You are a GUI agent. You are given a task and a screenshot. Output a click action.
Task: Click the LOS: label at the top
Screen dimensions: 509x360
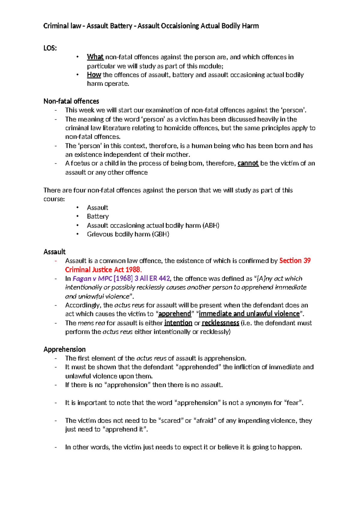point(50,48)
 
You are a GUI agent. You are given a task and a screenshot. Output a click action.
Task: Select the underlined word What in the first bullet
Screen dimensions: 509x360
point(95,57)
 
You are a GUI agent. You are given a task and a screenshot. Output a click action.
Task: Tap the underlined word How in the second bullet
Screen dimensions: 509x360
point(94,75)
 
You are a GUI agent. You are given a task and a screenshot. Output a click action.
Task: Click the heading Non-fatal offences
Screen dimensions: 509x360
point(71,101)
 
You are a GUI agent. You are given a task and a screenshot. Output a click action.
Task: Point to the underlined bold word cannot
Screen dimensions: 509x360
point(248,163)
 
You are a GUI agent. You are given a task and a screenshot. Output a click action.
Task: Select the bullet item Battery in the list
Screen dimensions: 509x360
point(98,216)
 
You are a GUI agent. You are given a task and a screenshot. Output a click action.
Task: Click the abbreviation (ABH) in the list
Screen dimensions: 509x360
point(211,225)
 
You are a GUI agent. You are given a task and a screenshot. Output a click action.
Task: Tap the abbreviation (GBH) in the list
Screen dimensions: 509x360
point(160,234)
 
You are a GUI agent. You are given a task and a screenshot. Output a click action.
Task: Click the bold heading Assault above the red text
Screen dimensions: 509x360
point(54,252)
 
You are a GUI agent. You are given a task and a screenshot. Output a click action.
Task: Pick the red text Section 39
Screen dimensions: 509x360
point(295,261)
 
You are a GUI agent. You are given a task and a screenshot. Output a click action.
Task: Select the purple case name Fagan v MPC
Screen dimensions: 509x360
point(92,279)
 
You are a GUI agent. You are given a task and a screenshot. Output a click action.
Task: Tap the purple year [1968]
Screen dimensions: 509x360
point(123,279)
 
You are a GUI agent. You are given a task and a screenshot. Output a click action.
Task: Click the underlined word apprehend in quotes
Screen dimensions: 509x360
point(174,314)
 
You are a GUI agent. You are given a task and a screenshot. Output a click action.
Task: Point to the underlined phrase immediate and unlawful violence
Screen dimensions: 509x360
point(249,314)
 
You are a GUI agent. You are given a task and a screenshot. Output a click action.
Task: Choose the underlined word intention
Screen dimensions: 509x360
point(178,323)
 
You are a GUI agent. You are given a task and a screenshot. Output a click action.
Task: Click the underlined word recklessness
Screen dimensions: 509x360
point(220,323)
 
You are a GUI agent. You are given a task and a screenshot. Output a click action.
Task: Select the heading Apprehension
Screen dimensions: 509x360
point(64,349)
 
